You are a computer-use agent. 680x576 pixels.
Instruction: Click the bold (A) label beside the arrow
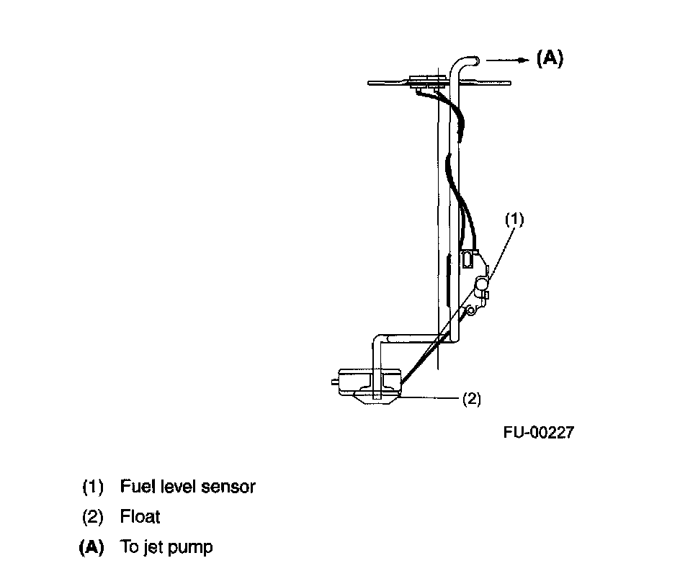[550, 58]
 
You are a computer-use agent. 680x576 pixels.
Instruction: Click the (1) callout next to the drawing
[514, 220]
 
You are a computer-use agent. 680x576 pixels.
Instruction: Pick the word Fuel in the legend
[134, 487]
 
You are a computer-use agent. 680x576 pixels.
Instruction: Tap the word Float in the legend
[140, 517]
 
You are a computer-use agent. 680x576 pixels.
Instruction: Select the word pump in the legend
[193, 548]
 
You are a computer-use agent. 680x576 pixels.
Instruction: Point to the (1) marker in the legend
[93, 487]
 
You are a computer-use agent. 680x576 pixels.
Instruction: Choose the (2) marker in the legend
[93, 517]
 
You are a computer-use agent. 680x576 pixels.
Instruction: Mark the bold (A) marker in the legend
[91, 547]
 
